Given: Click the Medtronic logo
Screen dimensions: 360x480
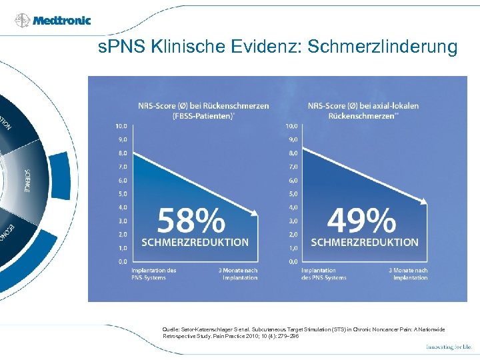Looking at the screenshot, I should pyautogui.click(x=53, y=20).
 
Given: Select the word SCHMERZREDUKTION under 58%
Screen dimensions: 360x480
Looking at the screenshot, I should pyautogui.click(x=194, y=242).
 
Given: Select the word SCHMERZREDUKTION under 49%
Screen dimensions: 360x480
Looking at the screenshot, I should pyautogui.click(x=365, y=242).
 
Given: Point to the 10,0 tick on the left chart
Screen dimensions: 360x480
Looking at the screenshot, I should pyautogui.click(x=121, y=126).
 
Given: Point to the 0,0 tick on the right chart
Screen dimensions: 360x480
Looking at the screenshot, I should pyautogui.click(x=291, y=261).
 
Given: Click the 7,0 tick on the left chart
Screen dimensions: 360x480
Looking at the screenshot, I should pyautogui.click(x=121, y=167).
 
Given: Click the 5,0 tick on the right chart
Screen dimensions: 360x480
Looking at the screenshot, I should pyautogui.click(x=291, y=194).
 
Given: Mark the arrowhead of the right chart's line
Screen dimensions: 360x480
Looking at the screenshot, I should pyautogui.click(x=424, y=202).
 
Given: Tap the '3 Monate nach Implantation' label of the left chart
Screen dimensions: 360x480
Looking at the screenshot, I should pyautogui.click(x=238, y=273).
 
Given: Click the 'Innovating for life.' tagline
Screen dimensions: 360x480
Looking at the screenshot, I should pyautogui.click(x=449, y=347).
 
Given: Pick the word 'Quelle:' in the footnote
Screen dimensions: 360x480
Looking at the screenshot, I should pyautogui.click(x=171, y=329).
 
